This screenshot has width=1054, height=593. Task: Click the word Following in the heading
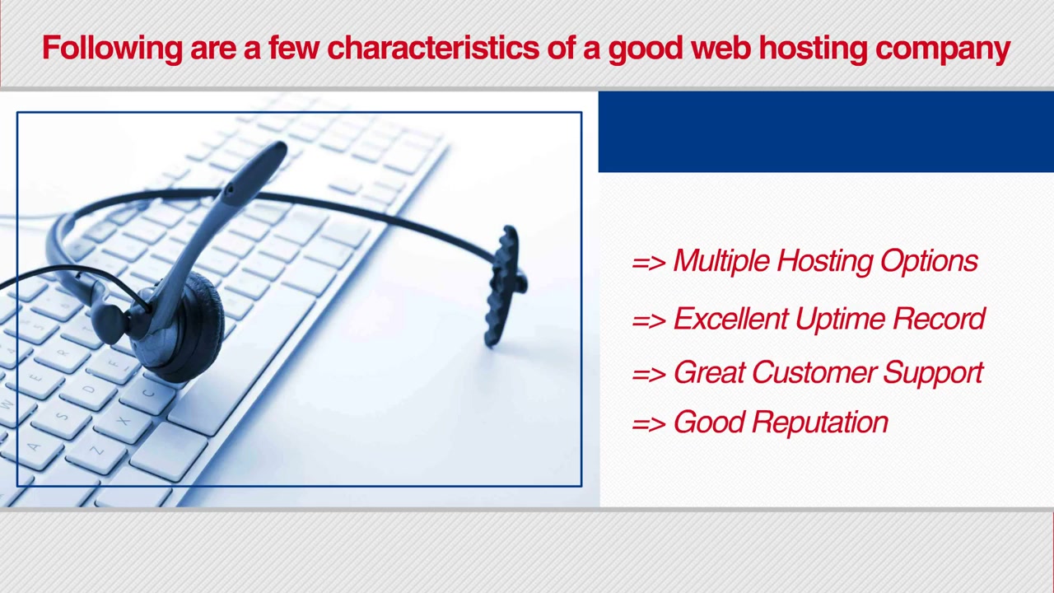[x=112, y=49]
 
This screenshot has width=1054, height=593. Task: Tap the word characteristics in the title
[x=433, y=48]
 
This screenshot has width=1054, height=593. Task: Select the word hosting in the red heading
[x=813, y=49]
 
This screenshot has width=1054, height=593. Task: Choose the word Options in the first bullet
[x=929, y=261]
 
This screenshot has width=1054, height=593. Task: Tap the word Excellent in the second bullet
[x=730, y=319]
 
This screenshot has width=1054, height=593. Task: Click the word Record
[x=939, y=319]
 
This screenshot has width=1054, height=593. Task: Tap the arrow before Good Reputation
[x=649, y=424]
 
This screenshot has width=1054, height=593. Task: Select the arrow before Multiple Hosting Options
[x=649, y=263]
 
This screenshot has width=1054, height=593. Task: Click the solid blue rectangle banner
[x=826, y=132]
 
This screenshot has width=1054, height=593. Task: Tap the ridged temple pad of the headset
[x=505, y=285]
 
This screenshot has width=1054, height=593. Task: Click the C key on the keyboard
[x=148, y=393]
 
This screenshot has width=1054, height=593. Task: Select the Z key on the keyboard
[x=96, y=451]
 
